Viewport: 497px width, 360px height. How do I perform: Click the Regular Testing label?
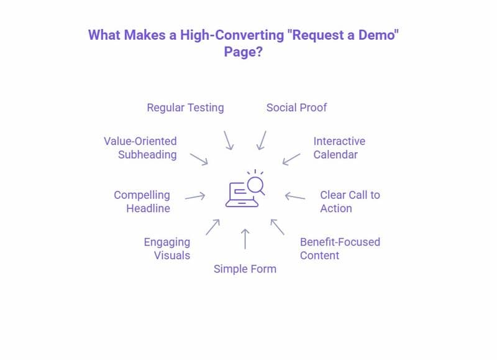pyautogui.click(x=185, y=108)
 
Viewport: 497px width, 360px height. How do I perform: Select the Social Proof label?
pyautogui.click(x=296, y=108)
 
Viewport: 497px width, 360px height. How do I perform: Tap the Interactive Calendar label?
pyautogui.click(x=339, y=148)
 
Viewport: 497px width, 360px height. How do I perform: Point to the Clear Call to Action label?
pyautogui.click(x=350, y=201)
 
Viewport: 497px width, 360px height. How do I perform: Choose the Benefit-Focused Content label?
pyautogui.click(x=340, y=248)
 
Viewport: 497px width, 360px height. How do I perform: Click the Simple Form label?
pyautogui.click(x=245, y=269)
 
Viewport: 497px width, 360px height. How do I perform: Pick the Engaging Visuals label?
pyautogui.click(x=166, y=248)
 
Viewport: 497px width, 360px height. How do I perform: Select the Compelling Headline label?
pyautogui.click(x=142, y=201)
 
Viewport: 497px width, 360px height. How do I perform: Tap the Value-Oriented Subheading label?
pyautogui.click(x=140, y=148)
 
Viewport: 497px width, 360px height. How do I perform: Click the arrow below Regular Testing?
pyautogui.click(x=228, y=140)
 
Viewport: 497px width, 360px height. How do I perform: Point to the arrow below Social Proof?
pyautogui.click(x=262, y=140)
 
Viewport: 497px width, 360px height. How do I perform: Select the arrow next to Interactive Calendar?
pyautogui.click(x=291, y=158)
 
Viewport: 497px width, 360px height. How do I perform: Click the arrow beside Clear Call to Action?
pyautogui.click(x=295, y=196)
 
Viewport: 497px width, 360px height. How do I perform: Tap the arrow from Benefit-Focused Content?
pyautogui.click(x=277, y=226)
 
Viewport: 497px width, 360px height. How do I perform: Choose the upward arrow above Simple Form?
pyautogui.click(x=245, y=238)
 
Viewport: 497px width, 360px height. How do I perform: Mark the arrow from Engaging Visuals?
pyautogui.click(x=212, y=226)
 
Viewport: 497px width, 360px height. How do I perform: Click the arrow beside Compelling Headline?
pyautogui.click(x=195, y=196)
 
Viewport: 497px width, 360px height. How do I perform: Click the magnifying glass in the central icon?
pyautogui.click(x=256, y=185)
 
